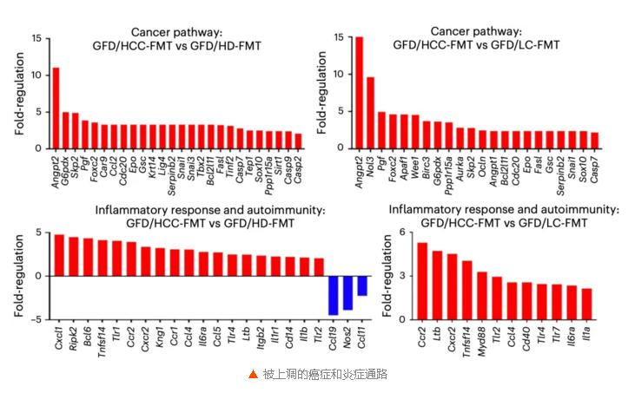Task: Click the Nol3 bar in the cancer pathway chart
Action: pos(370,113)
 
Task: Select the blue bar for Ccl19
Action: pos(333,295)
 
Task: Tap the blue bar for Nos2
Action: pos(347,292)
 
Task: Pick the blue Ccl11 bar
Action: pos(362,285)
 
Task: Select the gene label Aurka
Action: pos(460,164)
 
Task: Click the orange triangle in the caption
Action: pos(253,375)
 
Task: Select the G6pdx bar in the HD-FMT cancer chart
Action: pos(66,130)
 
